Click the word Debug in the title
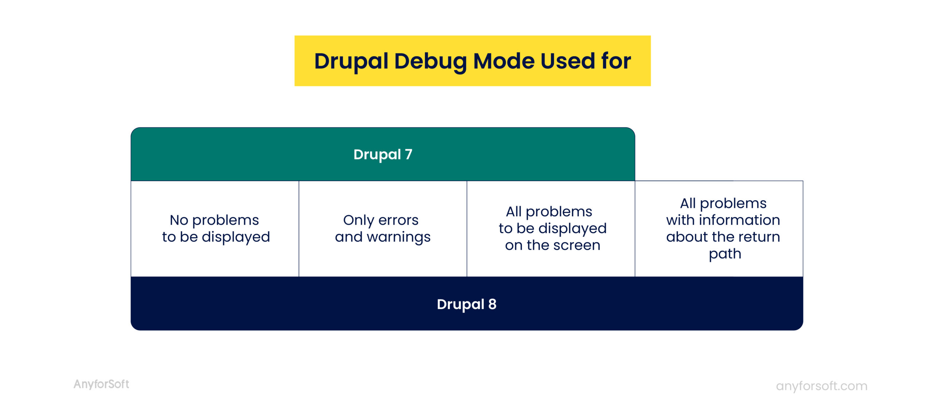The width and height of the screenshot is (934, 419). coord(430,61)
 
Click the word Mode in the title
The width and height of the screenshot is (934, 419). coord(503,61)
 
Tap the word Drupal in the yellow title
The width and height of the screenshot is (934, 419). coord(351,61)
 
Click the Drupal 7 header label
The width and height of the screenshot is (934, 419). coord(383,155)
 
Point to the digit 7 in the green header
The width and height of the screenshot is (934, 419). coord(409,155)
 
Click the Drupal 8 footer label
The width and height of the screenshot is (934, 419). coord(467,304)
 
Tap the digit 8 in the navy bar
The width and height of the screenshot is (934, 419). coord(492,304)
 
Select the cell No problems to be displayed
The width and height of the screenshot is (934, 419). coord(215,229)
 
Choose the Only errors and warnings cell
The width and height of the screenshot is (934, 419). coord(383,229)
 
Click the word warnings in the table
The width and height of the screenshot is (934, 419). coord(398,237)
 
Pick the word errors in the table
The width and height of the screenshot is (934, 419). coord(398,220)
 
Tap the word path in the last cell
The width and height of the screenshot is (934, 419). coord(725,254)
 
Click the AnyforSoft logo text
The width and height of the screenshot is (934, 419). coord(101,384)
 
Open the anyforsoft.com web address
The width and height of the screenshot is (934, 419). coord(821,386)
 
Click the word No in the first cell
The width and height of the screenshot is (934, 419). coord(179,220)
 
